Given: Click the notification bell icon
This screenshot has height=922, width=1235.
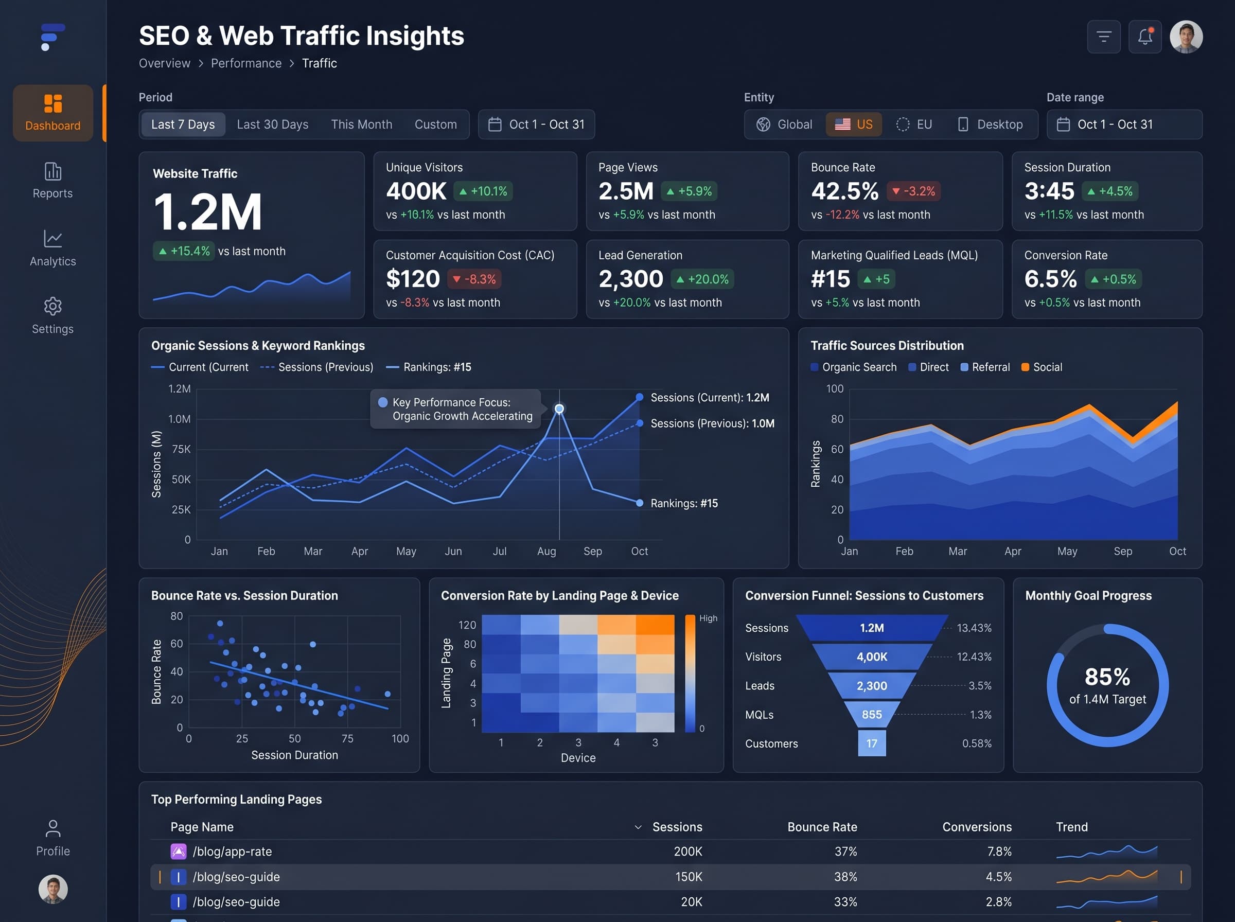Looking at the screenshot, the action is (x=1144, y=37).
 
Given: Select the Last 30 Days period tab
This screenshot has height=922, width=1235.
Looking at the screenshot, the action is (x=272, y=125).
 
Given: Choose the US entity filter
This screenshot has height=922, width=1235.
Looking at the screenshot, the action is (x=853, y=125).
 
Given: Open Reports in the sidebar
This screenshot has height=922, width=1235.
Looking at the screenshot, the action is (x=52, y=180).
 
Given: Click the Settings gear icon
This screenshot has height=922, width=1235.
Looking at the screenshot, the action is (x=53, y=306).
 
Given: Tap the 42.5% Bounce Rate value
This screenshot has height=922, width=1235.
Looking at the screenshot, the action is (x=844, y=191).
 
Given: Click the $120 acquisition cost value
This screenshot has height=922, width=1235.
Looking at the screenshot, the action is (x=413, y=279).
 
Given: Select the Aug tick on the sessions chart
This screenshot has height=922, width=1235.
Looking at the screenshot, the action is (x=546, y=552).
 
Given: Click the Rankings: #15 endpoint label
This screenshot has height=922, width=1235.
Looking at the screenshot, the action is (x=684, y=503).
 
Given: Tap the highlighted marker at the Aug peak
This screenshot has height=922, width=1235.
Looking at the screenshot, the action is (x=559, y=409).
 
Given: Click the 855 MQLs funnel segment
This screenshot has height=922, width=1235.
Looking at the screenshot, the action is (x=872, y=714).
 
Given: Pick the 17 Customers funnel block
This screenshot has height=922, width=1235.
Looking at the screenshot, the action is (x=872, y=743).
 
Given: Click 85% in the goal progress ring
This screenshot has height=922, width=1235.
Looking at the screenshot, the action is (x=1107, y=677).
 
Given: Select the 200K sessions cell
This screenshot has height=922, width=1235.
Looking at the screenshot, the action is (x=687, y=852).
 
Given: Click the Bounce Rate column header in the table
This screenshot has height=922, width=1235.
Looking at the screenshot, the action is (x=822, y=827).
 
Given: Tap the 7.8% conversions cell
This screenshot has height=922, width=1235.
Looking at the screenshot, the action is (x=999, y=852).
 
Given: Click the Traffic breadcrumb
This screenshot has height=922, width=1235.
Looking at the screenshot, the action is (x=319, y=64).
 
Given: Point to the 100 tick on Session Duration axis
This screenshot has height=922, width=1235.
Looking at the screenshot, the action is (x=400, y=739).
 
